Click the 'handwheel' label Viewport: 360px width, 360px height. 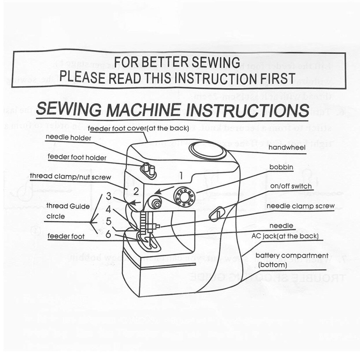click(x=287, y=148)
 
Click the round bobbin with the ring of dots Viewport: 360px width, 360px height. click(x=184, y=196)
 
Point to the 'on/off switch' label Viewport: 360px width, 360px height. click(x=291, y=186)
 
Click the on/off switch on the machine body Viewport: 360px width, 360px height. click(x=216, y=214)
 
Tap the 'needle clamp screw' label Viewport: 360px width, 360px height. click(x=300, y=206)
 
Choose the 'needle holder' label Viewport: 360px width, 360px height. click(x=68, y=138)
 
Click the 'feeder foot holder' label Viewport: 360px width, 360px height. click(x=77, y=157)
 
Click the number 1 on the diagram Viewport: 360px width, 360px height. click(x=181, y=175)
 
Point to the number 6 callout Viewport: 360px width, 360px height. click(x=108, y=234)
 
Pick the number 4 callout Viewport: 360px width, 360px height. click(x=108, y=209)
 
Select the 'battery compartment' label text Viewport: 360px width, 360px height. click(x=292, y=255)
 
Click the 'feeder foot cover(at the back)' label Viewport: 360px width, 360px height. click(x=139, y=128)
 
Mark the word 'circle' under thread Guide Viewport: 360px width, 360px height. click(x=55, y=216)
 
